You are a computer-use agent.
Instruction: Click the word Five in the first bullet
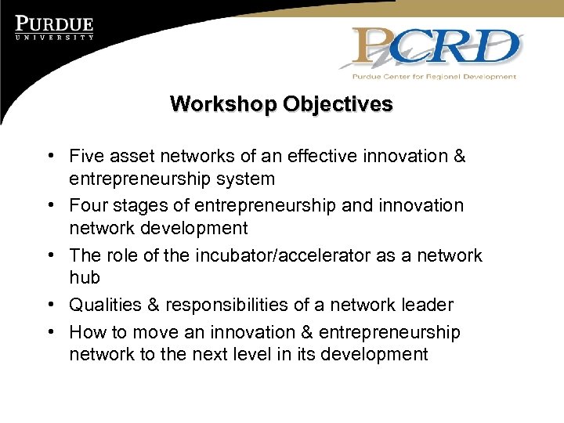click(86, 156)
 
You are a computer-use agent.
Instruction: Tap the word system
click(244, 179)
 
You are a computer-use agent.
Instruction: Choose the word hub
click(85, 277)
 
